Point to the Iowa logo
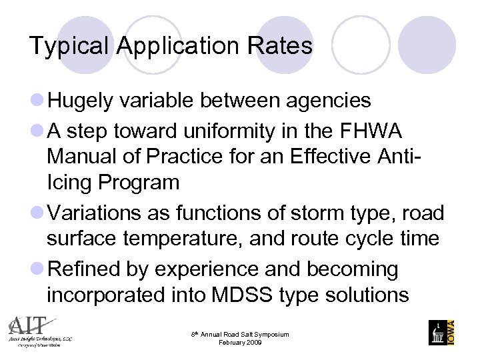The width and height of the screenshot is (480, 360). tap(442, 332)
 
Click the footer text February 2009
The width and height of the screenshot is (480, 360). tap(240, 343)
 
